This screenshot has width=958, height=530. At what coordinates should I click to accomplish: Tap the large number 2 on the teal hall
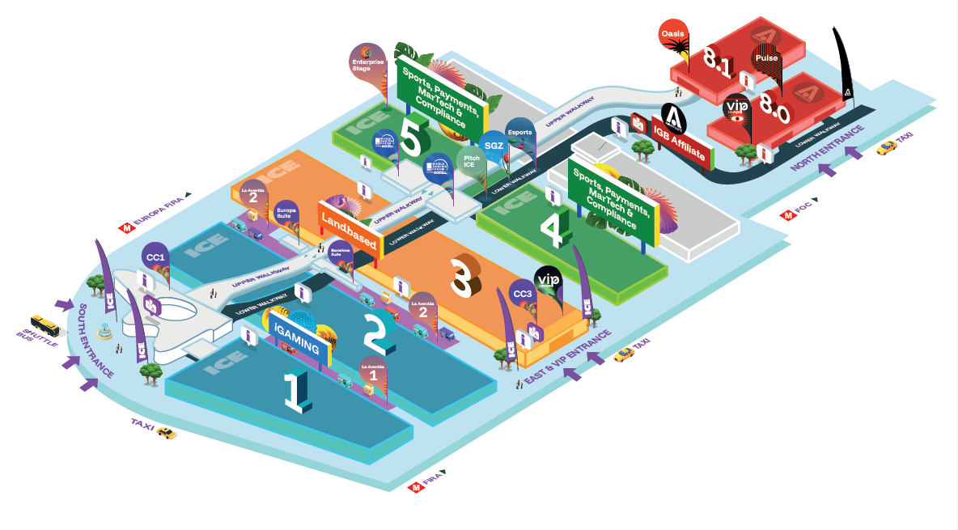[x=378, y=332]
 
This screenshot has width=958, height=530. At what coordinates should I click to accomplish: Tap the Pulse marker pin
[x=765, y=58]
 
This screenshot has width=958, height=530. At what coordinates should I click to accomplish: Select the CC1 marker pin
[x=156, y=257]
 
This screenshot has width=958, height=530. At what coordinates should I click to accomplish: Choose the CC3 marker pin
[x=523, y=293]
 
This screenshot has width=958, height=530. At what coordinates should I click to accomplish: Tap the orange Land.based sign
[x=350, y=221]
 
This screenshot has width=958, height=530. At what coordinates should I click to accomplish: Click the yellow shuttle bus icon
[x=45, y=324]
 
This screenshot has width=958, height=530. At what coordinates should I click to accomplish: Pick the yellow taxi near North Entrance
[x=887, y=147]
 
